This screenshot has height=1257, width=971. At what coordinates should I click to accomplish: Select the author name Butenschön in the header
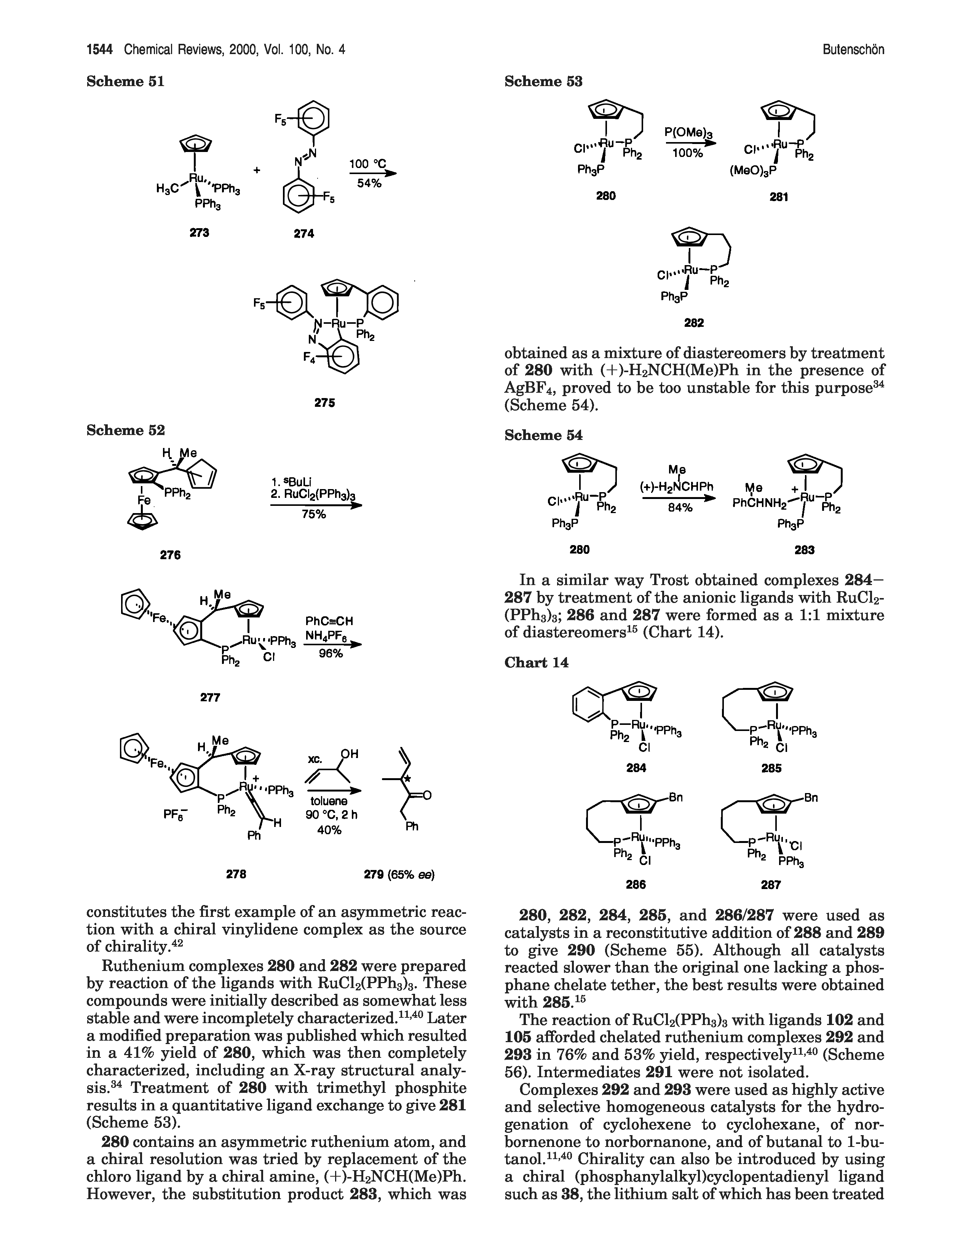click(x=853, y=50)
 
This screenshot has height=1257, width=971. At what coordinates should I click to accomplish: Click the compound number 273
click(x=200, y=232)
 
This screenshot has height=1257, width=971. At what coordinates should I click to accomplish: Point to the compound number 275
click(x=325, y=403)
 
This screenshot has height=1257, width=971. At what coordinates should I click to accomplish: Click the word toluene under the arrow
click(x=329, y=801)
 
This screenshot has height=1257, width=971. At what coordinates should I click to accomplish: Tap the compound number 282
click(x=694, y=323)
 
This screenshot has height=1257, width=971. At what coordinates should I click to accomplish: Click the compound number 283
click(x=804, y=550)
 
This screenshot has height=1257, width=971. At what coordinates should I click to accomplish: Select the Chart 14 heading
click(x=536, y=662)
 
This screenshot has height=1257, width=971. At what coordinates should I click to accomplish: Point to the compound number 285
click(x=771, y=768)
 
